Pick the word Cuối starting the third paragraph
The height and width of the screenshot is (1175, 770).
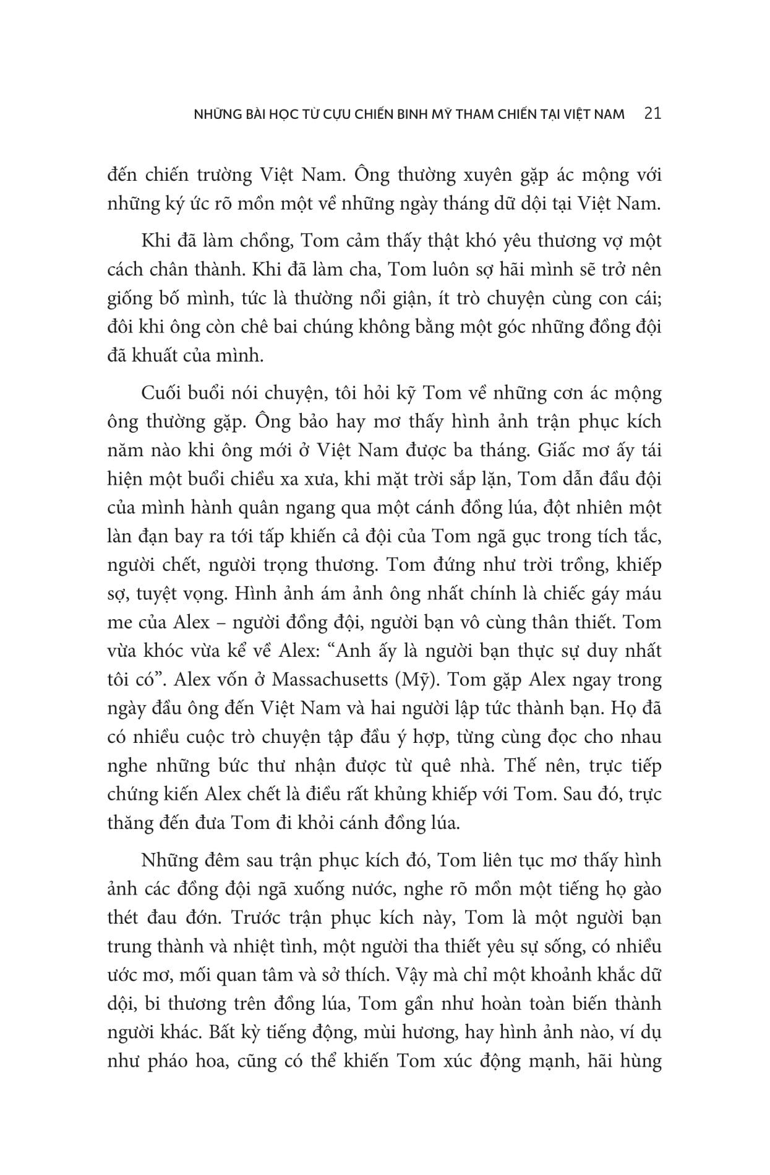[160, 393]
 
